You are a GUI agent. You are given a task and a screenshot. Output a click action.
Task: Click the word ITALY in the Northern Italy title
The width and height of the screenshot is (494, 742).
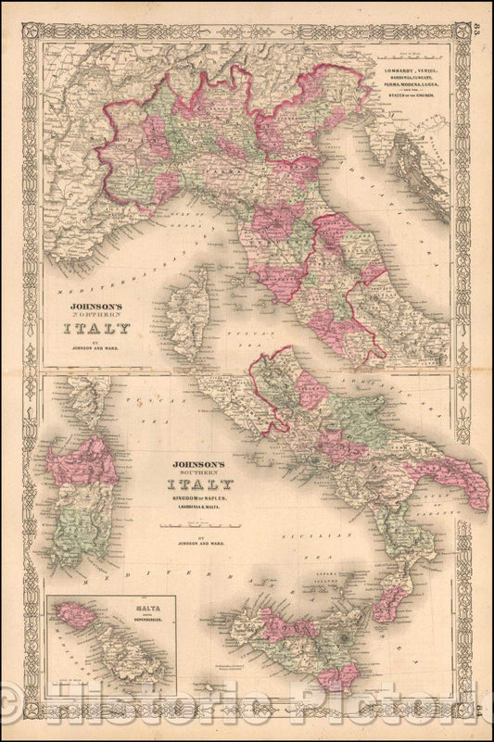[x=96, y=327]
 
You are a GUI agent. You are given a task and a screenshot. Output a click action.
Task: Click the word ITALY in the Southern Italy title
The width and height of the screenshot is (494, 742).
[x=199, y=484]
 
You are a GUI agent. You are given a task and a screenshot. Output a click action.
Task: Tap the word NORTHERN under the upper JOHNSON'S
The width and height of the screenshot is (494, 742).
[x=96, y=312]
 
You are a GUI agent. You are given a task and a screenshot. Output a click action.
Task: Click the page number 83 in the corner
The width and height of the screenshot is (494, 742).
[x=475, y=11]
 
